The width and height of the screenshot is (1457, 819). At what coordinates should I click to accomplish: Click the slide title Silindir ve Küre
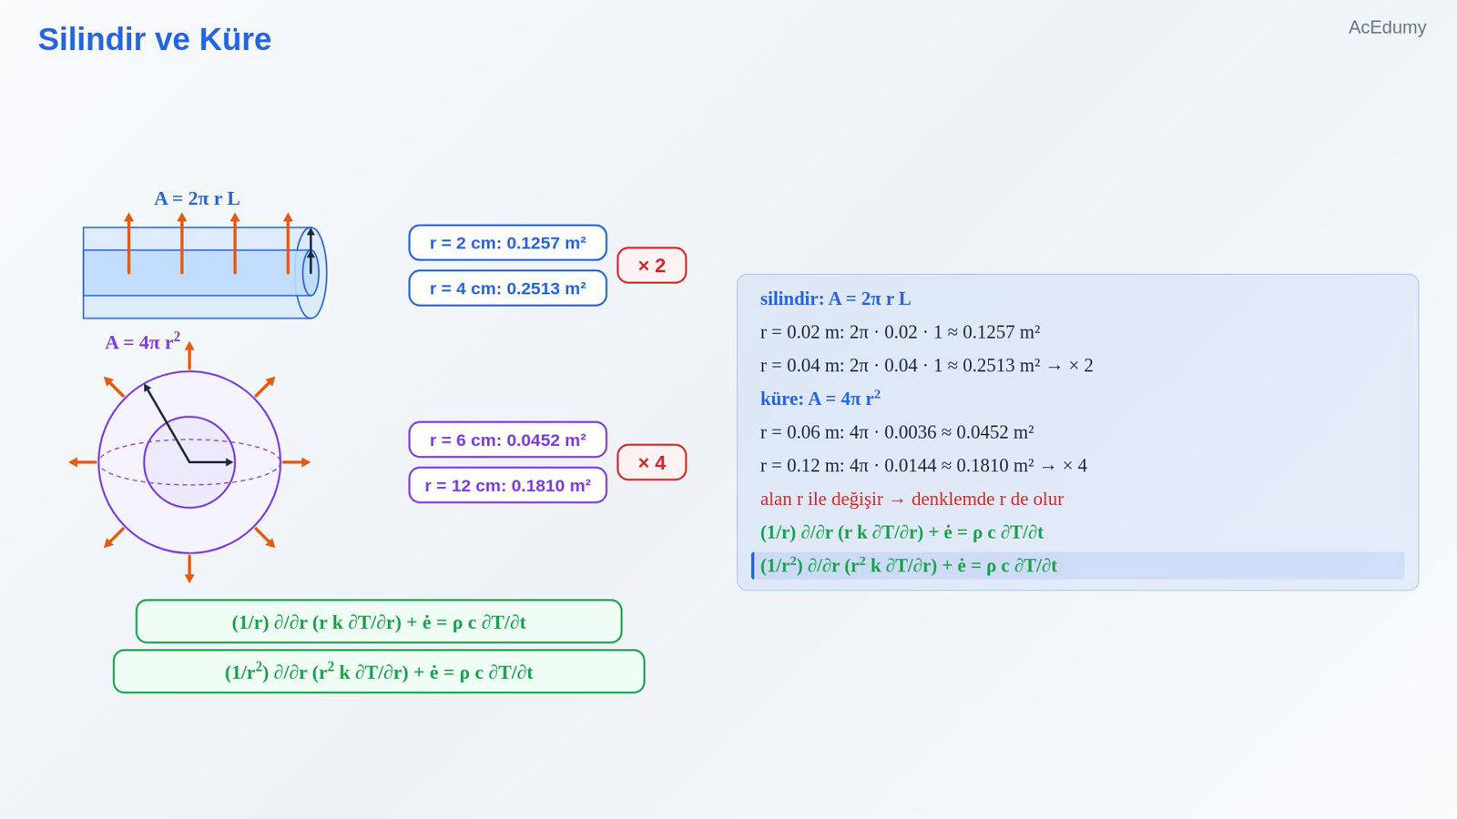click(x=154, y=39)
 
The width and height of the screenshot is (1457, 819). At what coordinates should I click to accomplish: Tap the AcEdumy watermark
click(x=1387, y=27)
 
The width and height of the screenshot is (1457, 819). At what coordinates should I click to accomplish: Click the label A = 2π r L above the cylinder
click(x=197, y=198)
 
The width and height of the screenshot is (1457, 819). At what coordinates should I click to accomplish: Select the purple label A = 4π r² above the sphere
click(x=142, y=341)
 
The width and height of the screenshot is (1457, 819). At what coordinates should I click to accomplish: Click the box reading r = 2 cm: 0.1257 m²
click(x=507, y=242)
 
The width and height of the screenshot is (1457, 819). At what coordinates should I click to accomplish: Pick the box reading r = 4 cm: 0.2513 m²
click(x=507, y=288)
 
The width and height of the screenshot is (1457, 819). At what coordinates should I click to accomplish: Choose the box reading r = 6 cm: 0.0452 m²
click(x=507, y=440)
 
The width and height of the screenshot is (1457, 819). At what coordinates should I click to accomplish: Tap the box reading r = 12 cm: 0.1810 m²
click(x=507, y=485)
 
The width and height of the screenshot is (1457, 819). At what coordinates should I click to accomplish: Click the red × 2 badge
click(x=651, y=265)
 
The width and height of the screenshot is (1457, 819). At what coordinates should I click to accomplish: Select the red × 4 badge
click(x=651, y=462)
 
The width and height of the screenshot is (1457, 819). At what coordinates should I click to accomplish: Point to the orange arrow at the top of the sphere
click(x=189, y=356)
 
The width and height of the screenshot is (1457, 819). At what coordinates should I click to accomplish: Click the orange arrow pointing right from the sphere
click(x=296, y=462)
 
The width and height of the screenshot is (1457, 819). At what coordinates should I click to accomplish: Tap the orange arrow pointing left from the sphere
click(x=83, y=462)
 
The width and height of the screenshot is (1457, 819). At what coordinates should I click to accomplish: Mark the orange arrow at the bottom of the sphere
click(x=189, y=569)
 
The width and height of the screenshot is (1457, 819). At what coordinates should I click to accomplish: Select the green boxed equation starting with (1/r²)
click(x=379, y=672)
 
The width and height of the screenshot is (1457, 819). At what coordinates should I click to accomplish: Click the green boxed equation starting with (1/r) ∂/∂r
click(x=379, y=622)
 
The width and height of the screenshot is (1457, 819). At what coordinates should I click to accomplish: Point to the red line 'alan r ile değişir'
click(x=912, y=499)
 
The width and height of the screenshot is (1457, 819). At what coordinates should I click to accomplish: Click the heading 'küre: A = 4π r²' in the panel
click(x=820, y=398)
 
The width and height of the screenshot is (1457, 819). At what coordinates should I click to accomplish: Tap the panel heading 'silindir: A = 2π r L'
click(x=835, y=298)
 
